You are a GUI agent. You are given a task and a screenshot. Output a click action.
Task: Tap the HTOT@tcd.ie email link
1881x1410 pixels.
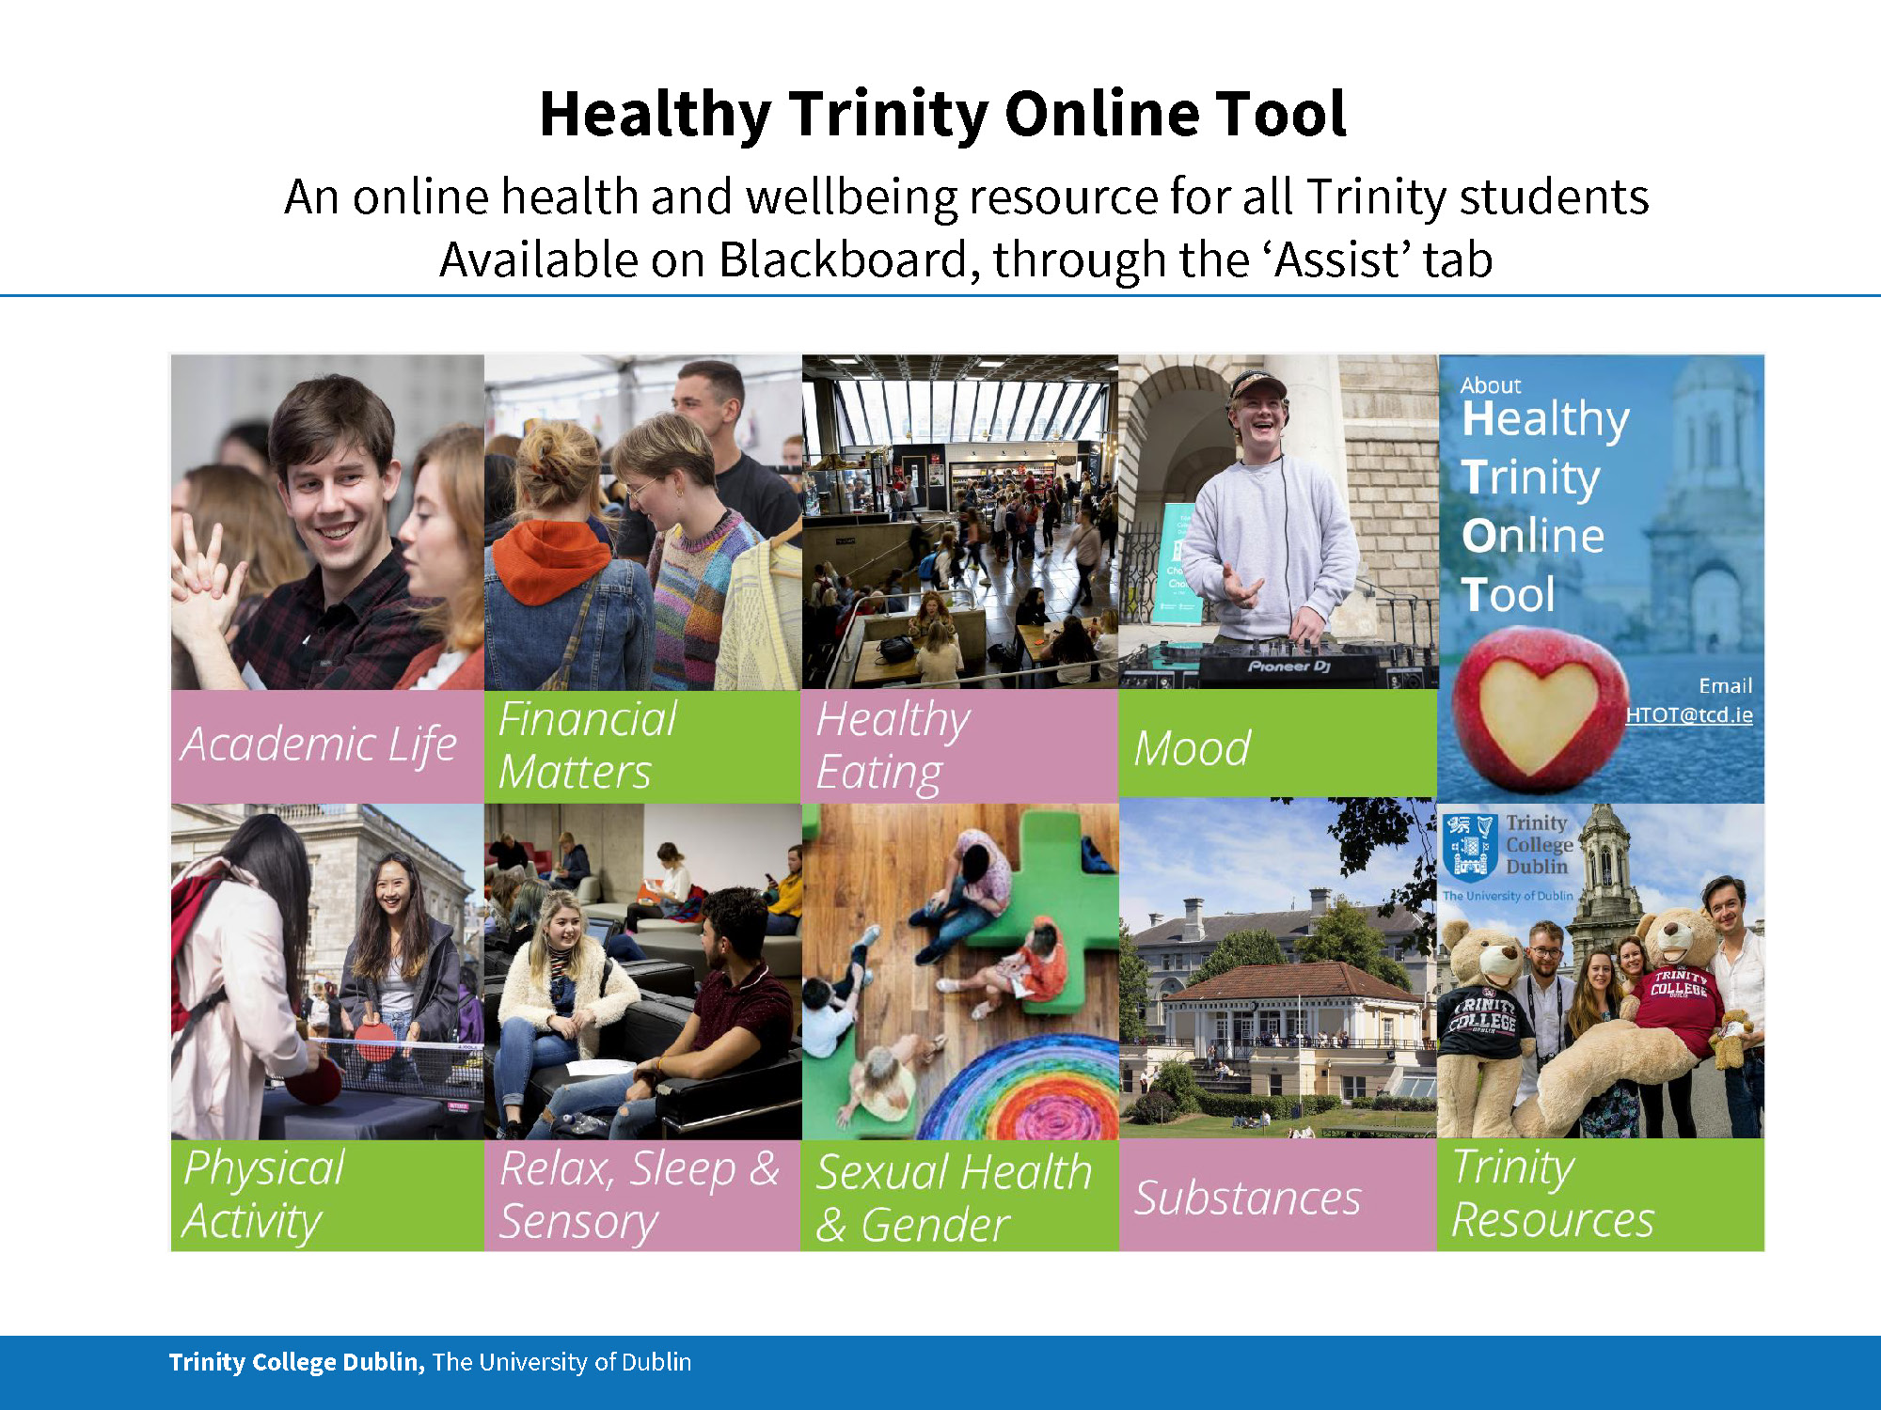(1689, 714)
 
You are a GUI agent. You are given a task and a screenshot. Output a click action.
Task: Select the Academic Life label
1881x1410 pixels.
(319, 744)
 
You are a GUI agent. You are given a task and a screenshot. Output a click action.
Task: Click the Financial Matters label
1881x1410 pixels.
(587, 745)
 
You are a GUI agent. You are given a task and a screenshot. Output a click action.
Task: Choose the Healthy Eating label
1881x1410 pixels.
(893, 746)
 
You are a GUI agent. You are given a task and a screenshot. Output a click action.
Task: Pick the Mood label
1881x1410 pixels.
(1192, 748)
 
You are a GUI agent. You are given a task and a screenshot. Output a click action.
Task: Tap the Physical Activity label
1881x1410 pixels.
(264, 1195)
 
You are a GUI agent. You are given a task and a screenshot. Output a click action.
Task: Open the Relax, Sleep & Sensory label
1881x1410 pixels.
(640, 1195)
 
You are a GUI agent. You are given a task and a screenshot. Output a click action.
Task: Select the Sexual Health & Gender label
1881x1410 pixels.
(954, 1198)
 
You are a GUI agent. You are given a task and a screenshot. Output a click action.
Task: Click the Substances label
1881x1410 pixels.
(1247, 1198)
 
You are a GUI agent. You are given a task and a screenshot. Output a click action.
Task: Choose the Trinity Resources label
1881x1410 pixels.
(1553, 1193)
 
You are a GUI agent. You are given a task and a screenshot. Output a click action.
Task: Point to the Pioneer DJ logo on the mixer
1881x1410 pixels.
(1289, 666)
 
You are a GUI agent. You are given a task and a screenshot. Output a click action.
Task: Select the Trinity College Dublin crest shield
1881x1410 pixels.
(1470, 846)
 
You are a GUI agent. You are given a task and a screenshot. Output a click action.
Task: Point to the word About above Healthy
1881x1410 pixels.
(1490, 385)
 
